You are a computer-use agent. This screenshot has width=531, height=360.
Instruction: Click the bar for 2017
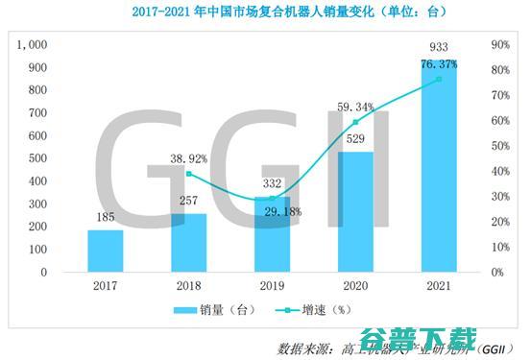(x=106, y=251)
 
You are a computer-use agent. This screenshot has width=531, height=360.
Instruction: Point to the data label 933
(x=438, y=47)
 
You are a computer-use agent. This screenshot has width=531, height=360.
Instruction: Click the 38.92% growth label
(x=190, y=158)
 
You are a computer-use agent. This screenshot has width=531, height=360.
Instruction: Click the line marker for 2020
(x=355, y=122)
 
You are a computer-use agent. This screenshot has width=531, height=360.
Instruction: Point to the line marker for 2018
(x=189, y=174)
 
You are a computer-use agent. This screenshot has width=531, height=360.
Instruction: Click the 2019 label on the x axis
(x=272, y=285)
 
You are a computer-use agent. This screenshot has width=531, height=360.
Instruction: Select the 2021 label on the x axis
(x=438, y=285)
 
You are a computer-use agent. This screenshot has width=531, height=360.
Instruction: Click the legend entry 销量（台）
(x=210, y=310)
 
